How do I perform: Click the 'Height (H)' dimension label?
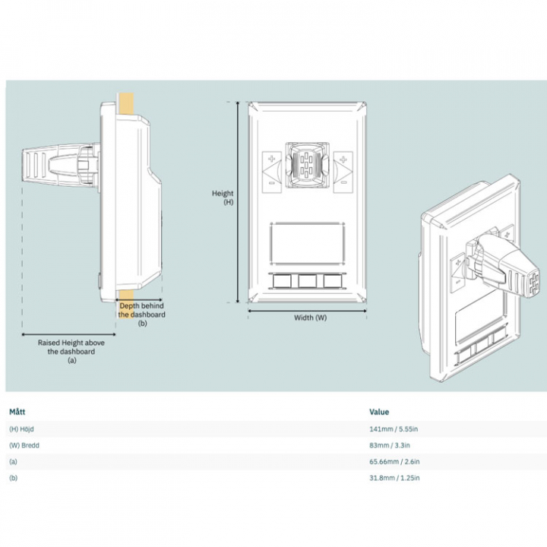tap(223, 198)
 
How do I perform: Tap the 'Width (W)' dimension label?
tap(310, 317)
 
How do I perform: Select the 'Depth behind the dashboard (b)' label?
tap(142, 314)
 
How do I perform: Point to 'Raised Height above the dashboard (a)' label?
tap(71, 352)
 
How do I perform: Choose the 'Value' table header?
tap(378, 412)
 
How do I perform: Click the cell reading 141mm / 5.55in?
tap(394, 429)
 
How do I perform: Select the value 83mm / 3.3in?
tap(390, 445)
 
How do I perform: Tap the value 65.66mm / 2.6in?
tap(394, 461)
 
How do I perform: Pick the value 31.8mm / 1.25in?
tap(394, 478)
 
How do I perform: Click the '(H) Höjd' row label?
tap(23, 429)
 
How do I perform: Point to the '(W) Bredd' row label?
tap(24, 445)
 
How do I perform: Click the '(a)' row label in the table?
tap(13, 461)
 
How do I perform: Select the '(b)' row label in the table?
tap(13, 478)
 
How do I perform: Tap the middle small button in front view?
tap(308, 280)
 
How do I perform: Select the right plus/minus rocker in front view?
tap(344, 171)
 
